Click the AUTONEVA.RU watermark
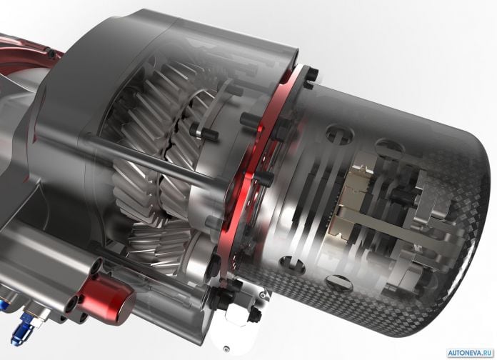pos(471,353)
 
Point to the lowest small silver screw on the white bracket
pos(226,349)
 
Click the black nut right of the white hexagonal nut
pos(254,314)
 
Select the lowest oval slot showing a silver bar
pos(339,283)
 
